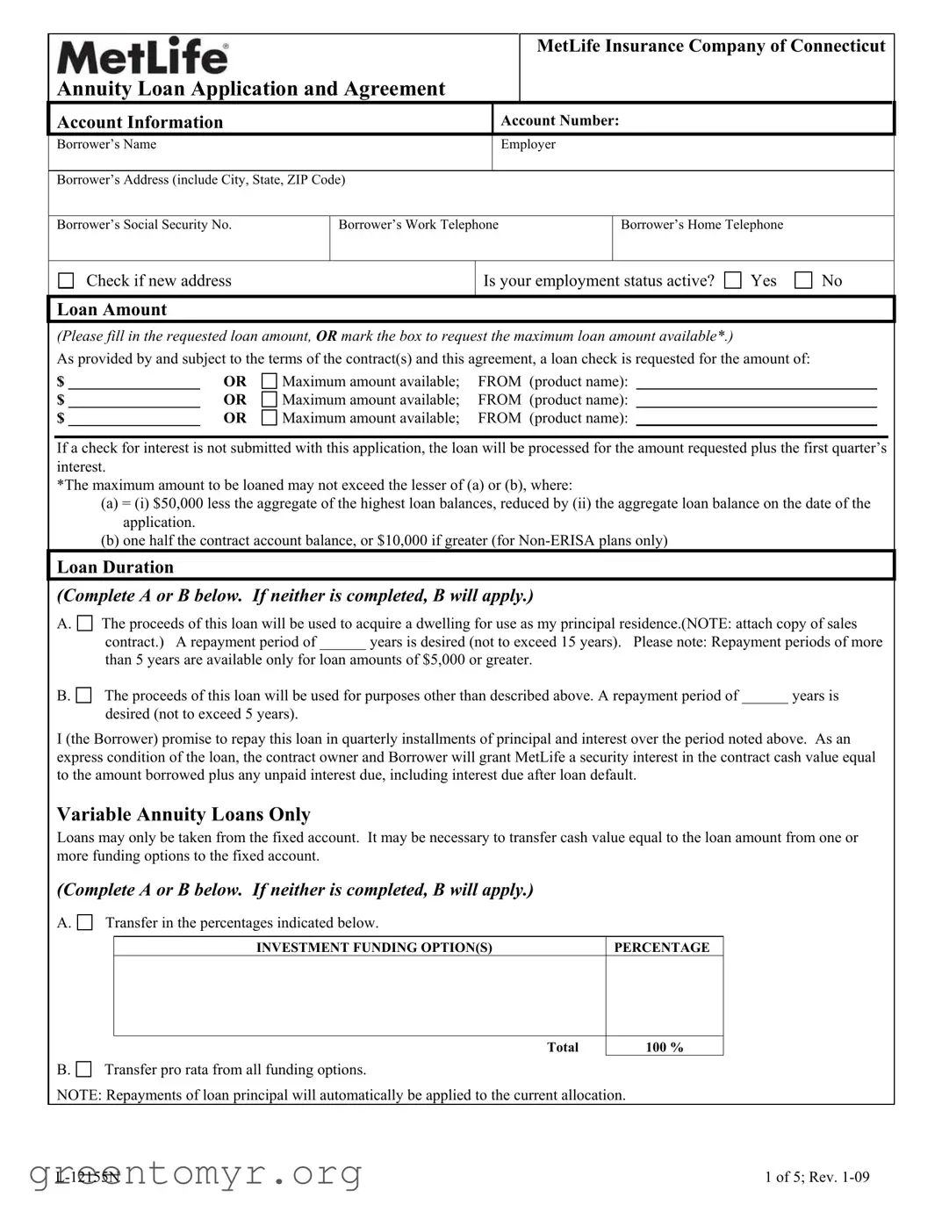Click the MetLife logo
click(142, 56)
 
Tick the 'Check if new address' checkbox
click(66, 281)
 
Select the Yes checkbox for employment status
click(732, 281)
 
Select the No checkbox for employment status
click(802, 281)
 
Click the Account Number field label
click(559, 121)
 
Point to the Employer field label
click(528, 145)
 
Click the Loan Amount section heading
click(111, 310)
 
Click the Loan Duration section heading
click(115, 567)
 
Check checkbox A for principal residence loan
click(84, 624)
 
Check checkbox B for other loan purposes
click(83, 696)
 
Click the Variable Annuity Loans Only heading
click(183, 815)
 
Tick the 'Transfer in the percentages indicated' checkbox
click(84, 923)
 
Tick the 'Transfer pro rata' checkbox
click(83, 1070)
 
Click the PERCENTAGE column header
click(661, 948)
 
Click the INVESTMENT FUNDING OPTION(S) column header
click(374, 948)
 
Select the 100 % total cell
click(664, 1047)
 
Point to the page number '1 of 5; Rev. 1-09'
click(816, 1178)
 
